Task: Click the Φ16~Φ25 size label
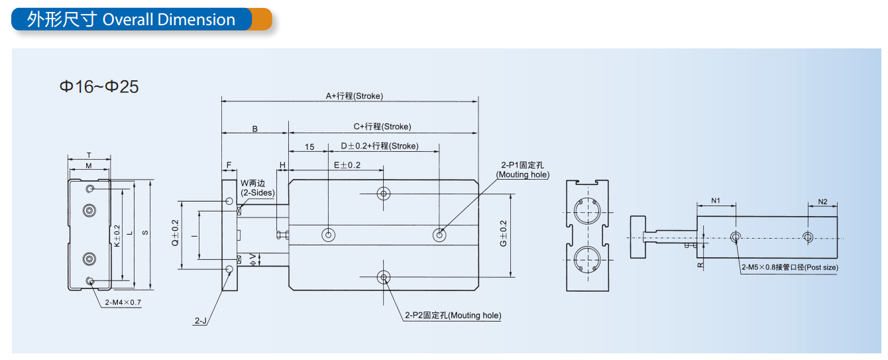pyautogui.click(x=99, y=87)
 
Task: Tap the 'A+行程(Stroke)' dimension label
pyautogui.click(x=355, y=96)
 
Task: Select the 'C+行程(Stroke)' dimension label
pyautogui.click(x=382, y=127)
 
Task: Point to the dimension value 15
pyautogui.click(x=309, y=147)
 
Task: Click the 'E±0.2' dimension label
pyautogui.click(x=347, y=165)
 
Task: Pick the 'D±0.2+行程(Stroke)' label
pyautogui.click(x=379, y=146)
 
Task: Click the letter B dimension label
pyautogui.click(x=255, y=129)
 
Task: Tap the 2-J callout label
pyautogui.click(x=201, y=321)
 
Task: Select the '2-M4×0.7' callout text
pyautogui.click(x=123, y=302)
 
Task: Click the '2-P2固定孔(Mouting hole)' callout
pyautogui.click(x=453, y=315)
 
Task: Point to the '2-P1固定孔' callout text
pyautogui.click(x=522, y=165)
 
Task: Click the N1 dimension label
pyautogui.click(x=716, y=201)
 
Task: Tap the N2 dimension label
pyautogui.click(x=822, y=202)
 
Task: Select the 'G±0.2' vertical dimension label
pyautogui.click(x=504, y=233)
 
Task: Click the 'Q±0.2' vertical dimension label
pyautogui.click(x=175, y=233)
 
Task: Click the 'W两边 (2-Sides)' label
pyautogui.click(x=258, y=188)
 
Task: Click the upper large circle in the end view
pyautogui.click(x=587, y=211)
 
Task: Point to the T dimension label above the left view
pyautogui.click(x=89, y=155)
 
